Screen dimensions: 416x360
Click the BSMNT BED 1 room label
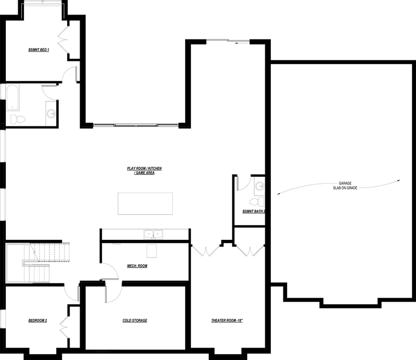[38, 49]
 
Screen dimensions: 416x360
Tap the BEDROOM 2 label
[37, 320]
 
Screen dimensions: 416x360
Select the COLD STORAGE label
[135, 320]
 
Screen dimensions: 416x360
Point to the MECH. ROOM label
[137, 266]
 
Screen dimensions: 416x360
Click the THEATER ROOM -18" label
[227, 320]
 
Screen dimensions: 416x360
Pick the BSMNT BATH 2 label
[254, 211]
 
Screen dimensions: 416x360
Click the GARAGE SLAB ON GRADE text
[345, 186]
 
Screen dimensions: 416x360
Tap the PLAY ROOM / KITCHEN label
[145, 169]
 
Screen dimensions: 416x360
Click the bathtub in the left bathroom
[12, 97]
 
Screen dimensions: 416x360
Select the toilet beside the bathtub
[18, 119]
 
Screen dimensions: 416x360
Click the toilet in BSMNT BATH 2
[257, 201]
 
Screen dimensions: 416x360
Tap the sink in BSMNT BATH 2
[259, 186]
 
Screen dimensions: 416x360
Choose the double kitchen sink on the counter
[153, 235]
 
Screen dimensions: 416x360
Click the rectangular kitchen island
[145, 203]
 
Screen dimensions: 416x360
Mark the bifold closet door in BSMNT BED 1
[63, 40]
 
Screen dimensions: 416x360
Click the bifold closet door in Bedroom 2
[64, 327]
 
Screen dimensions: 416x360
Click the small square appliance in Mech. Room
[152, 251]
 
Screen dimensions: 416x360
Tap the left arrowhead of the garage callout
[278, 195]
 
